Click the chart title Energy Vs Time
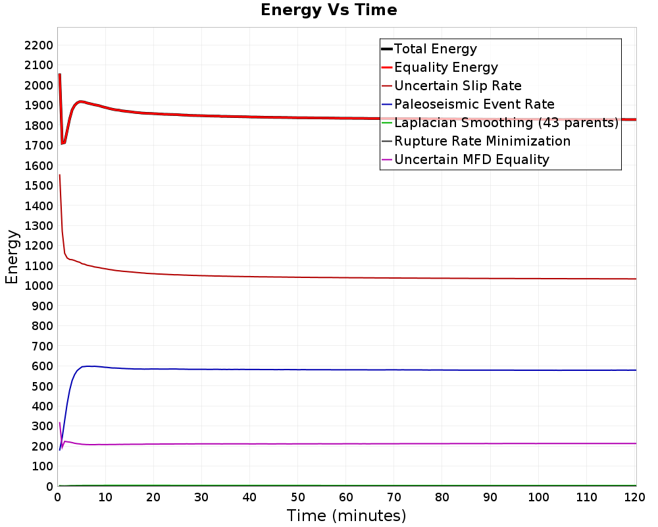[328, 10]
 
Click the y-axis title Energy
[12, 257]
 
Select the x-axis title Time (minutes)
[346, 516]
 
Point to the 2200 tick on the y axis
[39, 45]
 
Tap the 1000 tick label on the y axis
[39, 286]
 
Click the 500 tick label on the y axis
[42, 386]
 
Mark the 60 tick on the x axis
[346, 497]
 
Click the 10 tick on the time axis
[105, 497]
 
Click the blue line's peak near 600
[89, 366]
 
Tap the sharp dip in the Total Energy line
[63, 144]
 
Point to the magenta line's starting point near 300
[60, 423]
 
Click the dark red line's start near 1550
[60, 175]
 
